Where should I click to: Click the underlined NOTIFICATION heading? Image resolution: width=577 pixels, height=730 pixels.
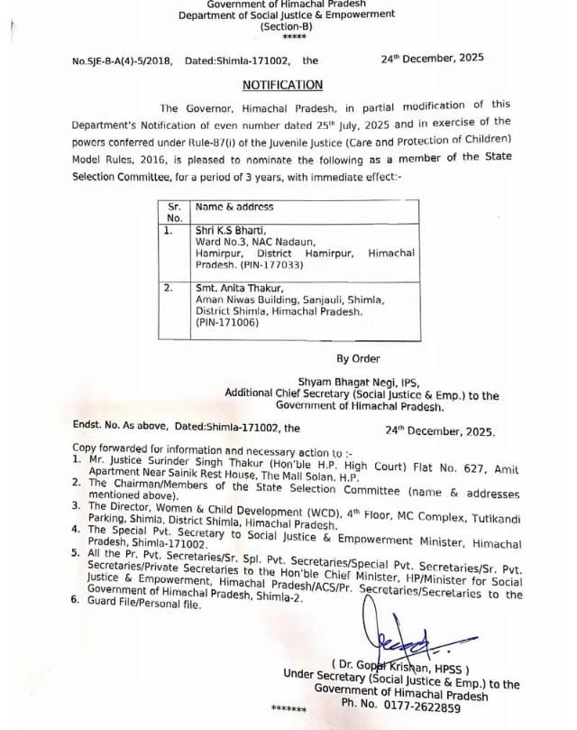pos(282,85)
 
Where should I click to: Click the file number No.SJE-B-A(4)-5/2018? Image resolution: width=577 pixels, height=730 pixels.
pos(122,60)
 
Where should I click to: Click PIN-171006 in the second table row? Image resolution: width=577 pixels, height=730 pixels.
pos(226,322)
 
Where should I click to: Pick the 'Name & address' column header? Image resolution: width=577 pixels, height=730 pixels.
pos(234,208)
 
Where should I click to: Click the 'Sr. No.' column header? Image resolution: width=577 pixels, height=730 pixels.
pos(175,212)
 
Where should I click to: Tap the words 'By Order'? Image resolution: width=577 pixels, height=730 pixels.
pos(358,358)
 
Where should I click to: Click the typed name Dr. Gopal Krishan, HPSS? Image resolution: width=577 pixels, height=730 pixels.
pos(400,669)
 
